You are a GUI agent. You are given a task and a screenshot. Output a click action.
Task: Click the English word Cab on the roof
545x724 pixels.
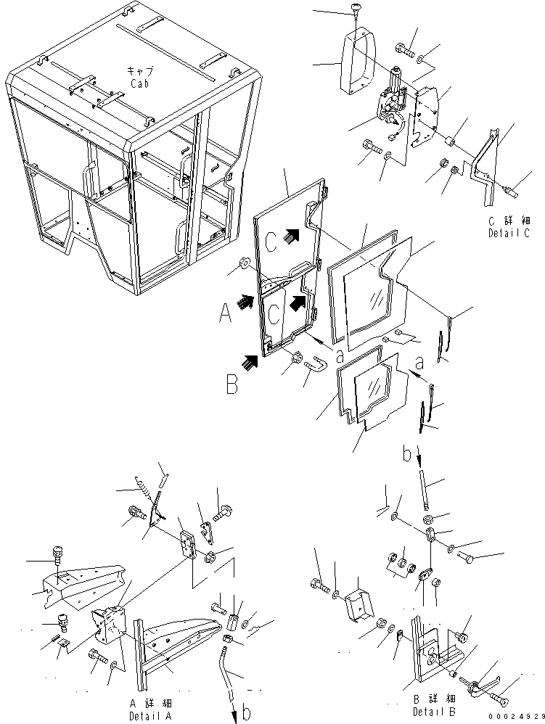[x=139, y=83]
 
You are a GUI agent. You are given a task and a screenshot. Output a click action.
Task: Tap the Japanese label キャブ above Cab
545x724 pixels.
[x=139, y=71]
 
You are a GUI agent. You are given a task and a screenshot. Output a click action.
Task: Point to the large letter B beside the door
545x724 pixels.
[x=231, y=384]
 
